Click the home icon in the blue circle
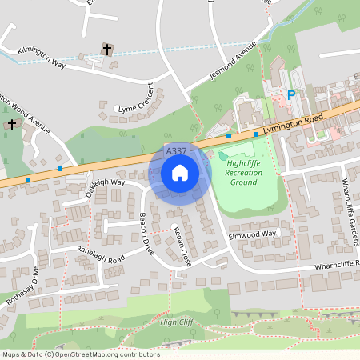(x=179, y=172)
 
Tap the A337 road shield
(x=176, y=150)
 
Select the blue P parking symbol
(x=291, y=95)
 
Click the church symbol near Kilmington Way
(x=107, y=50)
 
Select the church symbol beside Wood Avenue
(x=11, y=125)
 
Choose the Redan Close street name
(x=182, y=246)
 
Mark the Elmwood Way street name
(x=251, y=234)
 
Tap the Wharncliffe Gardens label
(x=350, y=210)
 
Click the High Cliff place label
(x=178, y=322)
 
